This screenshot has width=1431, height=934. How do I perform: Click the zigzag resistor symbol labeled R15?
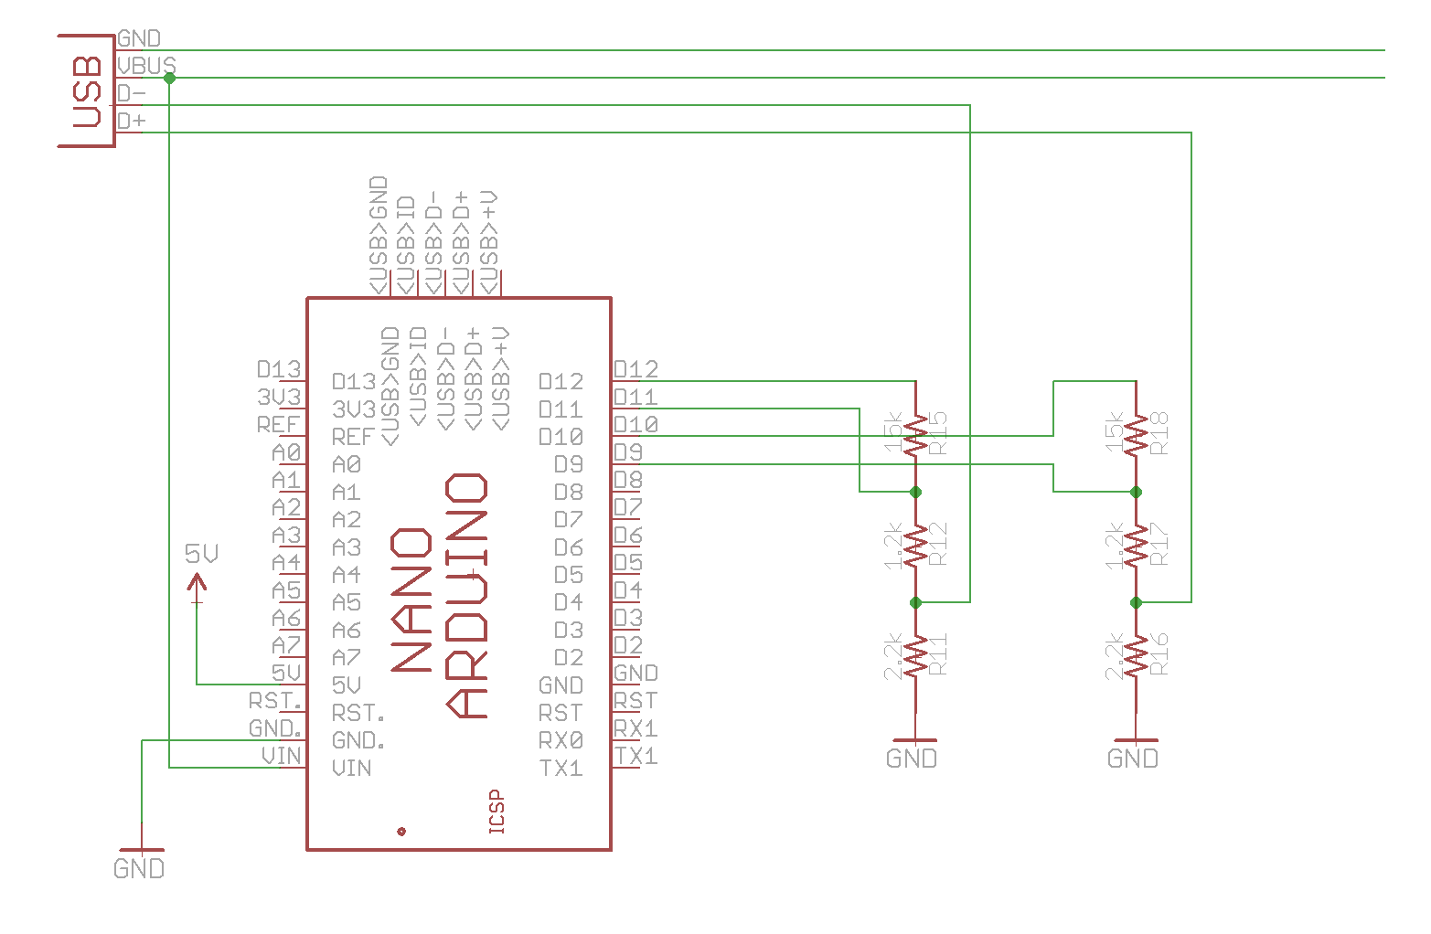point(915,435)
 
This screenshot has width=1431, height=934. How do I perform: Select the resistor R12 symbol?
point(915,547)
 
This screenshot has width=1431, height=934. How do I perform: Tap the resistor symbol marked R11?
point(915,656)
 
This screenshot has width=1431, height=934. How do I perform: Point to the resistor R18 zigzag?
point(1136,435)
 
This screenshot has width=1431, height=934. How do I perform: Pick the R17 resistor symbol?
point(1136,547)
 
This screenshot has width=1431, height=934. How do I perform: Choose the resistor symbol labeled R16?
point(1136,656)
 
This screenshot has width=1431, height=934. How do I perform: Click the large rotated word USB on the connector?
point(86,90)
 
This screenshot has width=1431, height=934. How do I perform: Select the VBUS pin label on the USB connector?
point(146,66)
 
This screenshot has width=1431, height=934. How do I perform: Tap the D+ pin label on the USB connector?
point(131,121)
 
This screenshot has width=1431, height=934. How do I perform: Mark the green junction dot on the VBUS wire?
point(169,79)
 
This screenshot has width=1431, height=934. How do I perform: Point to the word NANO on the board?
point(411,600)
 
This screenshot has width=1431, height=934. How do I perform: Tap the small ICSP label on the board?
point(497,812)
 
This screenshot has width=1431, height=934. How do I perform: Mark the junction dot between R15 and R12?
point(915,492)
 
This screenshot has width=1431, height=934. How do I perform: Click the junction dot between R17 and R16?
point(1136,602)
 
